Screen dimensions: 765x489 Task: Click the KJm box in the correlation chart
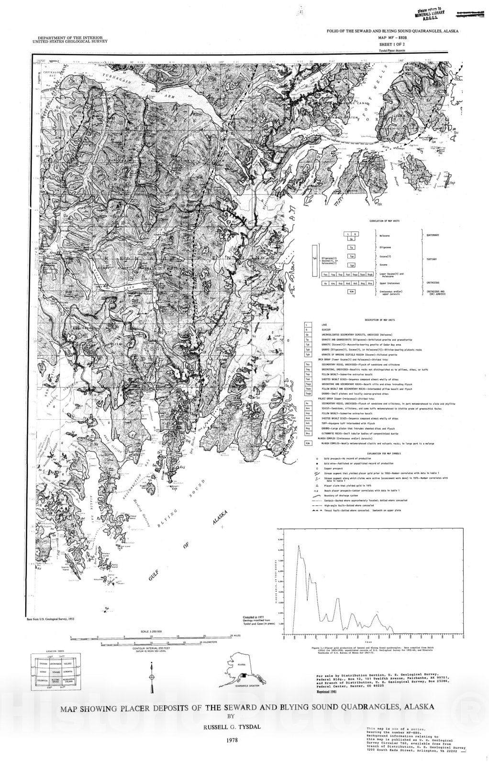(352, 291)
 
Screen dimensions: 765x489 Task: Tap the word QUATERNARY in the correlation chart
(433, 235)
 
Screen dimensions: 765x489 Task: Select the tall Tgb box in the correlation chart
(314, 261)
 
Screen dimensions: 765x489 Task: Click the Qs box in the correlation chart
(352, 239)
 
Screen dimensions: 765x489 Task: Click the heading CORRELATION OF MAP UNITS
(384, 221)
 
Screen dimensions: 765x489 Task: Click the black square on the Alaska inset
(244, 675)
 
